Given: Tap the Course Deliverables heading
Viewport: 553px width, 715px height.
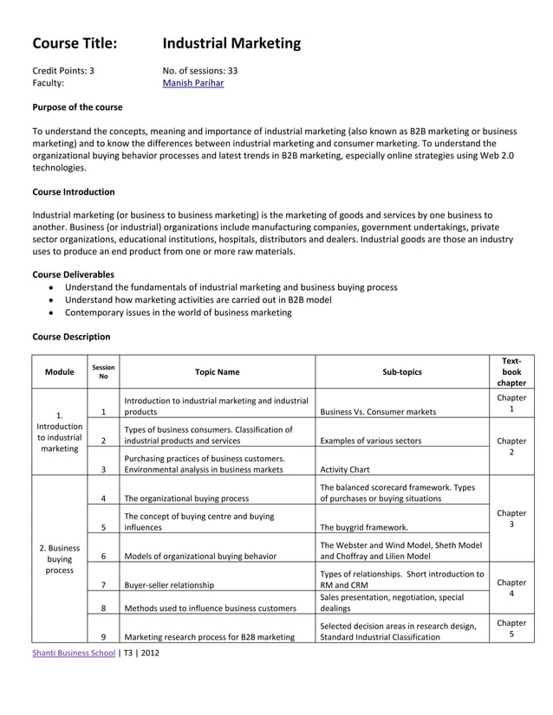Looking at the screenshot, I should pos(73,274).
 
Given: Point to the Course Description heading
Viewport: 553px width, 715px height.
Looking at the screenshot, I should pos(71,336).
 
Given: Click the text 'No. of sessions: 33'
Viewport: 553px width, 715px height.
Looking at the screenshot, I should pos(200,70).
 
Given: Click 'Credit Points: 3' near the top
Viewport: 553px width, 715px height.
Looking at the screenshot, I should pos(63,70).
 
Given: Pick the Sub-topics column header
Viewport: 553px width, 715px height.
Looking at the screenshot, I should pos(402,372).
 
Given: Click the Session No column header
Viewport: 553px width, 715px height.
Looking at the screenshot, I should pos(103,372).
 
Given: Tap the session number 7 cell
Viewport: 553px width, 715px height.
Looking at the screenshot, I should pos(103,585).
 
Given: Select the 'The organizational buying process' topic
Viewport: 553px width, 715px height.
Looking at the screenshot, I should pos(186,498).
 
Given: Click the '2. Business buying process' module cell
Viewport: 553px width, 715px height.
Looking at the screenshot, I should pos(59,559).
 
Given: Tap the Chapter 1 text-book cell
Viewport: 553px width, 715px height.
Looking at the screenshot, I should pos(511,403).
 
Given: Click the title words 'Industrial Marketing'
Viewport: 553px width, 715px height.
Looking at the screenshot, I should pos(231,43).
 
